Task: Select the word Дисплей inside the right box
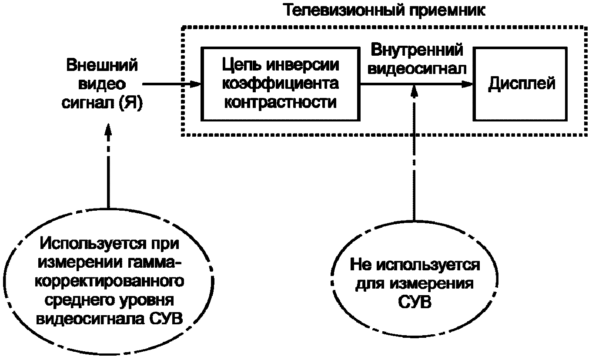coord(521,84)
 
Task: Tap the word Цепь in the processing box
coord(241,66)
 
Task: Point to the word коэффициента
coord(281,83)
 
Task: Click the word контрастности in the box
coord(281,102)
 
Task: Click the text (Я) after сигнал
coord(131,103)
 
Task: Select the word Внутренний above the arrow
coord(417,50)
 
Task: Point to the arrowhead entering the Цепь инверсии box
coord(195,84)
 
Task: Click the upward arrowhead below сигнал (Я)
coord(108,129)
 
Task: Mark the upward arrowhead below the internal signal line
coord(415,92)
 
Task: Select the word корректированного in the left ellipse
coord(110,282)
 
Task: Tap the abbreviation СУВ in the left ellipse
coord(166,319)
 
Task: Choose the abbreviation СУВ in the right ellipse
coord(415,302)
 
